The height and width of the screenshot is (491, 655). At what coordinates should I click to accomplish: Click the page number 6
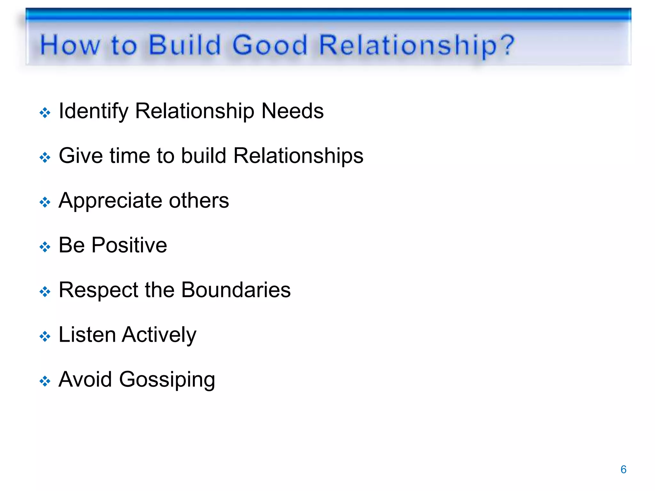coord(623,469)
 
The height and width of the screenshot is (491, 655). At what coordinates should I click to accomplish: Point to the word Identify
coord(93,111)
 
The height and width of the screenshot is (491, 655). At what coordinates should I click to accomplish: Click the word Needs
coord(292,111)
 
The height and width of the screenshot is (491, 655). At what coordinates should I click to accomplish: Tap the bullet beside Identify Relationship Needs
coord(45,113)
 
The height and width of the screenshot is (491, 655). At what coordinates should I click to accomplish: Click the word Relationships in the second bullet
coord(298,156)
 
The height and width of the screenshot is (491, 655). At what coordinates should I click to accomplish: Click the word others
coord(199,200)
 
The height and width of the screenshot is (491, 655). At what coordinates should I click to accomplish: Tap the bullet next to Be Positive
coord(45,247)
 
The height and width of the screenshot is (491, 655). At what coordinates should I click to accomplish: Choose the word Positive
coord(129,245)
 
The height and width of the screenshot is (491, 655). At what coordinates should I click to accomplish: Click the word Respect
coord(99,290)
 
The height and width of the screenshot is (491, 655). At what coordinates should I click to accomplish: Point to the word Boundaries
coord(236,290)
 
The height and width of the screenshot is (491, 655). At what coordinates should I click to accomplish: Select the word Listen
coord(87,335)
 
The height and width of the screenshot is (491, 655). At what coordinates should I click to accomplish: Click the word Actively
coord(159,335)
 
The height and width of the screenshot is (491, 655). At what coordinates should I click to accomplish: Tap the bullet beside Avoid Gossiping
coord(45,381)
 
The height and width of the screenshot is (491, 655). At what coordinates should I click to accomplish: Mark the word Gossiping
coord(167,380)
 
